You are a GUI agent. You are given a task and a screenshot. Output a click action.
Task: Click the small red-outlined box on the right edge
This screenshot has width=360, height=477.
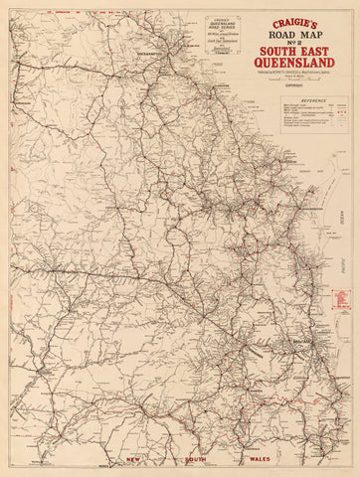[x=342, y=296]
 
